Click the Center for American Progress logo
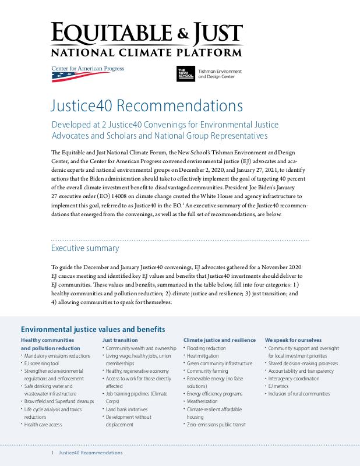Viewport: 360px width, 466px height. (x=87, y=72)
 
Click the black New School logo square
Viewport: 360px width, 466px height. (x=185, y=73)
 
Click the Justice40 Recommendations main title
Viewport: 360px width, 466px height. (x=146, y=106)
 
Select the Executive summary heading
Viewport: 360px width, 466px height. (x=85, y=248)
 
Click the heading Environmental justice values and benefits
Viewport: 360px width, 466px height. (x=93, y=329)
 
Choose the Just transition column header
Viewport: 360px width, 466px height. (x=120, y=340)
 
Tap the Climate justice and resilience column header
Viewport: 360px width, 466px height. (x=220, y=340)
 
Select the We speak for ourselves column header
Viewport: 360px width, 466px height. (x=292, y=340)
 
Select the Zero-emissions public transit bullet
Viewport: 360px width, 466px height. (x=216, y=425)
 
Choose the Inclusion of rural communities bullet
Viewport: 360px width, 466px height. (x=299, y=394)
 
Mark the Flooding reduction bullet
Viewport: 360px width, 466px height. (x=206, y=348)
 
